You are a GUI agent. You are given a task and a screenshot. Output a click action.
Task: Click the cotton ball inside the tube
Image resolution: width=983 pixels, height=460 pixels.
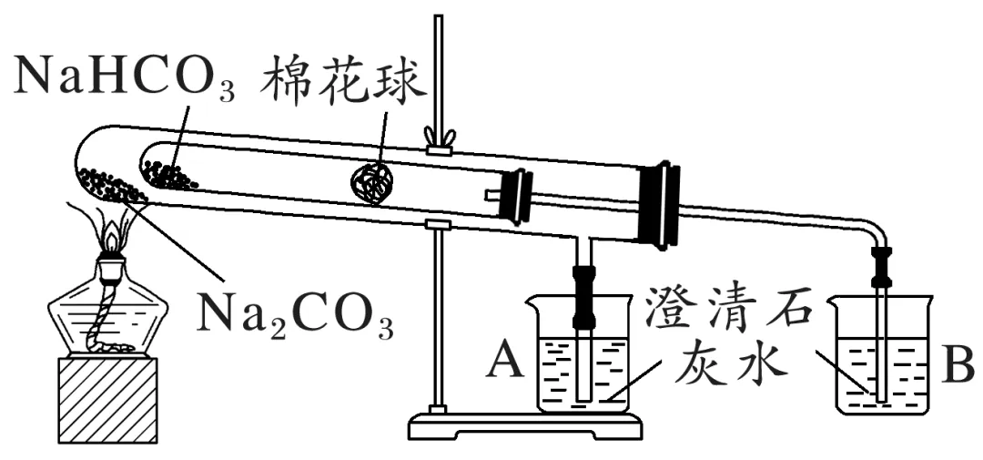371,182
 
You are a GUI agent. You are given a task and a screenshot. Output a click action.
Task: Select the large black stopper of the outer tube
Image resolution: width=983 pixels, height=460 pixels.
658,205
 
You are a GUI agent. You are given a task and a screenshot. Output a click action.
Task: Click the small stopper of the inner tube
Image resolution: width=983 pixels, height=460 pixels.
517,195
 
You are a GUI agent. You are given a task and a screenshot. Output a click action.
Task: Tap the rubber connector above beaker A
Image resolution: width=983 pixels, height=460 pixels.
583,295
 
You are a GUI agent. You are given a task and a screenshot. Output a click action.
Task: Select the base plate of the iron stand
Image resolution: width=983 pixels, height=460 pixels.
523,425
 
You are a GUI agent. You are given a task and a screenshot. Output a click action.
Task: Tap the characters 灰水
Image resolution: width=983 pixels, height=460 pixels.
728,364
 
